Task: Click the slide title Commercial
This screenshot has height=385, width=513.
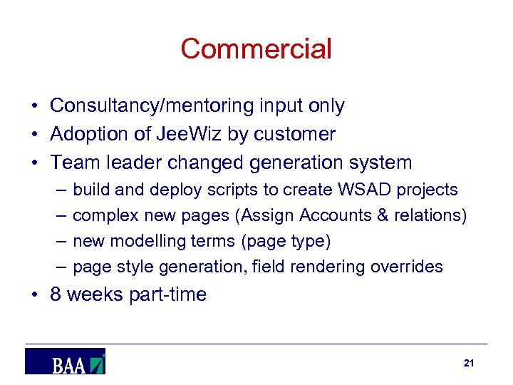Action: (x=256, y=49)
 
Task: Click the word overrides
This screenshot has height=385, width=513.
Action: (x=411, y=267)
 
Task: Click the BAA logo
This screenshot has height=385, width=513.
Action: (x=66, y=361)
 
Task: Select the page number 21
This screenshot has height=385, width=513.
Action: (x=468, y=363)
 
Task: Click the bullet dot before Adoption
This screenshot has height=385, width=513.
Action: (x=34, y=135)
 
